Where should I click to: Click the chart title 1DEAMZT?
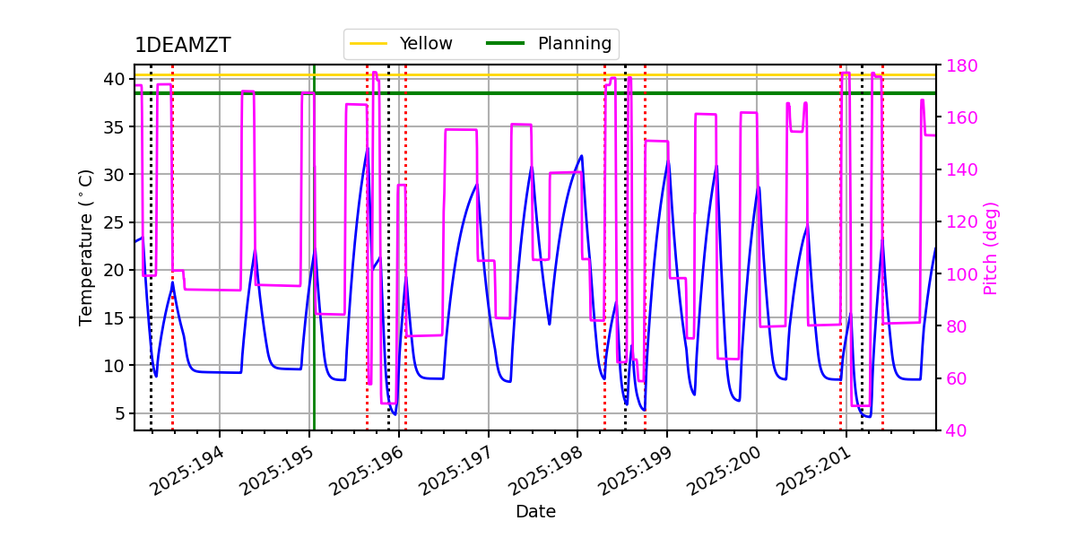pos(183,46)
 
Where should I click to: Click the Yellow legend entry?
pos(426,44)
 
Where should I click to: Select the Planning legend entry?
pos(574,44)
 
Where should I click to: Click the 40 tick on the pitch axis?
pos(953,430)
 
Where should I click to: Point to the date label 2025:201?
pos(812,472)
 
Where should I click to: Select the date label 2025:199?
pos(633,472)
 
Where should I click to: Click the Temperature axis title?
pos(86,247)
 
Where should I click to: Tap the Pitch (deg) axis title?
pos(991,247)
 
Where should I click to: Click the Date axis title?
pos(535,512)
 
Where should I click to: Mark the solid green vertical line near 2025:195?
pos(314,269)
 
